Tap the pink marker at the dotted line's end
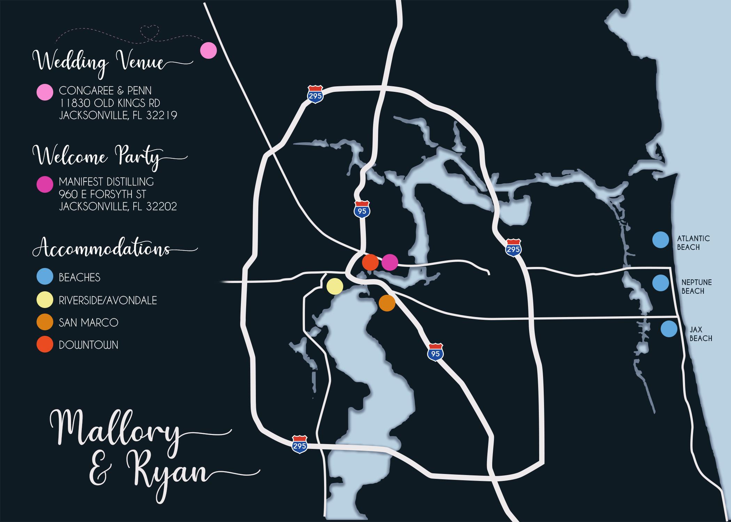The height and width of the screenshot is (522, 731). (x=209, y=50)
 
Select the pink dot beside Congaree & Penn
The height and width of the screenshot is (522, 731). (x=45, y=93)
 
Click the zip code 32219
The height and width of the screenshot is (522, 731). (x=162, y=115)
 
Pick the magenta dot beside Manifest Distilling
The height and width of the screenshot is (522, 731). (x=45, y=184)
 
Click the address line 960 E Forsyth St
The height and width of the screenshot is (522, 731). (x=102, y=194)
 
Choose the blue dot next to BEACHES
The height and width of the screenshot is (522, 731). (x=45, y=277)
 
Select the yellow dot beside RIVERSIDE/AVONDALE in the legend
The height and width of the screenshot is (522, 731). (x=45, y=300)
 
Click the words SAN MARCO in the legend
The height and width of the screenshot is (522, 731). (x=88, y=323)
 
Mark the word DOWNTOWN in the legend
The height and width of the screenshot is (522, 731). (x=88, y=345)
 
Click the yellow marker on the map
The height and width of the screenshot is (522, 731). (x=335, y=286)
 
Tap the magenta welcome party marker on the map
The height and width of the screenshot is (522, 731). (x=390, y=262)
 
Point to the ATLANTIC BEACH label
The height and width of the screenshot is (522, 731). (x=688, y=243)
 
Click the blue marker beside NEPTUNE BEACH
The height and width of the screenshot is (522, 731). (x=660, y=283)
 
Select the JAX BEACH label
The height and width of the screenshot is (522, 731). (x=700, y=334)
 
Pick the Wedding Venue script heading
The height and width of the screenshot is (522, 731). (x=99, y=63)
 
